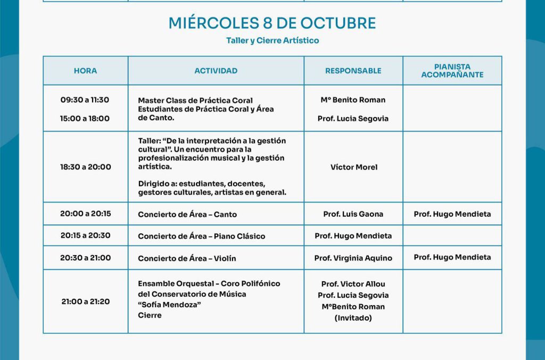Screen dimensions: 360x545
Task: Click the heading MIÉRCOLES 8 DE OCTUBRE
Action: pyautogui.click(x=272, y=23)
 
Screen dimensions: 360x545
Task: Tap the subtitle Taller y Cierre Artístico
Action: pyautogui.click(x=272, y=40)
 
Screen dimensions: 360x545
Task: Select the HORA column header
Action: pyautogui.click(x=85, y=70)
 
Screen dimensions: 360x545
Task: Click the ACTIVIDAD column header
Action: pyautogui.click(x=216, y=70)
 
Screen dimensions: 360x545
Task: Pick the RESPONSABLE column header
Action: pyautogui.click(x=353, y=70)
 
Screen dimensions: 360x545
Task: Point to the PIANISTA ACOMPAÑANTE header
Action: pyautogui.click(x=452, y=71)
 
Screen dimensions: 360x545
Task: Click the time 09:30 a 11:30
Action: pyautogui.click(x=85, y=100)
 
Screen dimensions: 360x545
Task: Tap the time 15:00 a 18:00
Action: pyautogui.click(x=85, y=118)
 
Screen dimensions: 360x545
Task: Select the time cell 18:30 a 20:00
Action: pyautogui.click(x=85, y=167)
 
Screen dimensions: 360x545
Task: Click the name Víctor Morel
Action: pyautogui.click(x=353, y=167)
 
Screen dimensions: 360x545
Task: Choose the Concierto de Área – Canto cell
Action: pyautogui.click(x=187, y=214)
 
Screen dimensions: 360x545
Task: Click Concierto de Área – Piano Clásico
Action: pyautogui.click(x=201, y=236)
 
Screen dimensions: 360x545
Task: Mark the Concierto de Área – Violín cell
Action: pyautogui.click(x=187, y=258)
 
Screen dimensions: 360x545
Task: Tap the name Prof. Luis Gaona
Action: pyautogui.click(x=353, y=214)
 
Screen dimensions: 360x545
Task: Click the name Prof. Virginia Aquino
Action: pyautogui.click(x=353, y=258)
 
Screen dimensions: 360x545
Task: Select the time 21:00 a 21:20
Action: pyautogui.click(x=85, y=301)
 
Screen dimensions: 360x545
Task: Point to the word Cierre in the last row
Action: pyautogui.click(x=150, y=315)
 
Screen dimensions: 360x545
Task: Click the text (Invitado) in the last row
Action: pyautogui.click(x=353, y=317)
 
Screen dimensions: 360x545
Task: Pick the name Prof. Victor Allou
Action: pyautogui.click(x=353, y=284)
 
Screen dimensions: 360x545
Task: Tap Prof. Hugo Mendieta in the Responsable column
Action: pyautogui.click(x=353, y=235)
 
